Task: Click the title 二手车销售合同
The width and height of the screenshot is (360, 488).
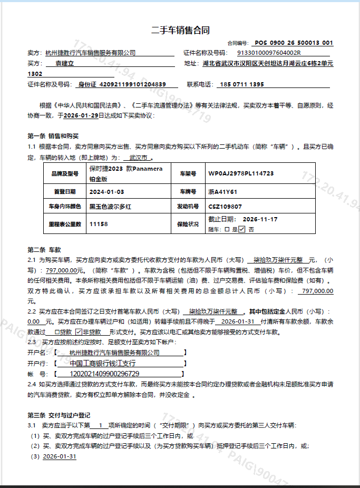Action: pos(180,30)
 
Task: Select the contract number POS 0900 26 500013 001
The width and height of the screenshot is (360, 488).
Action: pos(294,43)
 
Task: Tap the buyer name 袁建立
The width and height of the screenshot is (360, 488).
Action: pos(65,63)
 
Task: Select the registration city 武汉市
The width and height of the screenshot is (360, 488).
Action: pos(138,157)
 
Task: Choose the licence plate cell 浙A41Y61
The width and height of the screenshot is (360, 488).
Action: pos(223,191)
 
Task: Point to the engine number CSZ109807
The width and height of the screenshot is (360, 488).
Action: pos(225,206)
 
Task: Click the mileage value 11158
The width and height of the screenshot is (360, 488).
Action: pos(99,224)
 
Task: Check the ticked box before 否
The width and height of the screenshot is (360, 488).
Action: pos(242,229)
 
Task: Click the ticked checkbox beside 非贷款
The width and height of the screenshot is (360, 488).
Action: pos(79,333)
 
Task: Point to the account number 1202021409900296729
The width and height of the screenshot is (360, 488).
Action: pos(104,374)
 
